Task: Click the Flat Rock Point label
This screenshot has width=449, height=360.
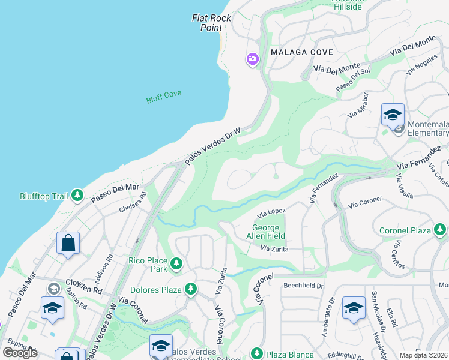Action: pyautogui.click(x=211, y=23)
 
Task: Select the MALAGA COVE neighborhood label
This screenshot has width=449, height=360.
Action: pyautogui.click(x=301, y=52)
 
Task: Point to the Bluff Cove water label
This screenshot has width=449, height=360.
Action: pyautogui.click(x=164, y=97)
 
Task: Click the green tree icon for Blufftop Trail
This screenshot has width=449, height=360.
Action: pyautogui.click(x=77, y=195)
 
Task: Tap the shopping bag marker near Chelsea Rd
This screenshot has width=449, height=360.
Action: pyautogui.click(x=68, y=243)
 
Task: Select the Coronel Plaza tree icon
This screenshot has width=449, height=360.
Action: pyautogui.click(x=439, y=230)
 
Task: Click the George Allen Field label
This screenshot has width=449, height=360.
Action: pyautogui.click(x=265, y=232)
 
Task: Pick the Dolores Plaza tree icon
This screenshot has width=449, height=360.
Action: pyautogui.click(x=191, y=290)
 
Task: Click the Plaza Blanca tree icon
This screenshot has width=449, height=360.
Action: pyautogui.click(x=257, y=353)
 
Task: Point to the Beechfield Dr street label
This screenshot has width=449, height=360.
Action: pyautogui.click(x=304, y=285)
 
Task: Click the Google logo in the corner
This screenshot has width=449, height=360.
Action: pyautogui.click(x=20, y=352)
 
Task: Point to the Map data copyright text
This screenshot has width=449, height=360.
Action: pyautogui.click(x=423, y=355)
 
